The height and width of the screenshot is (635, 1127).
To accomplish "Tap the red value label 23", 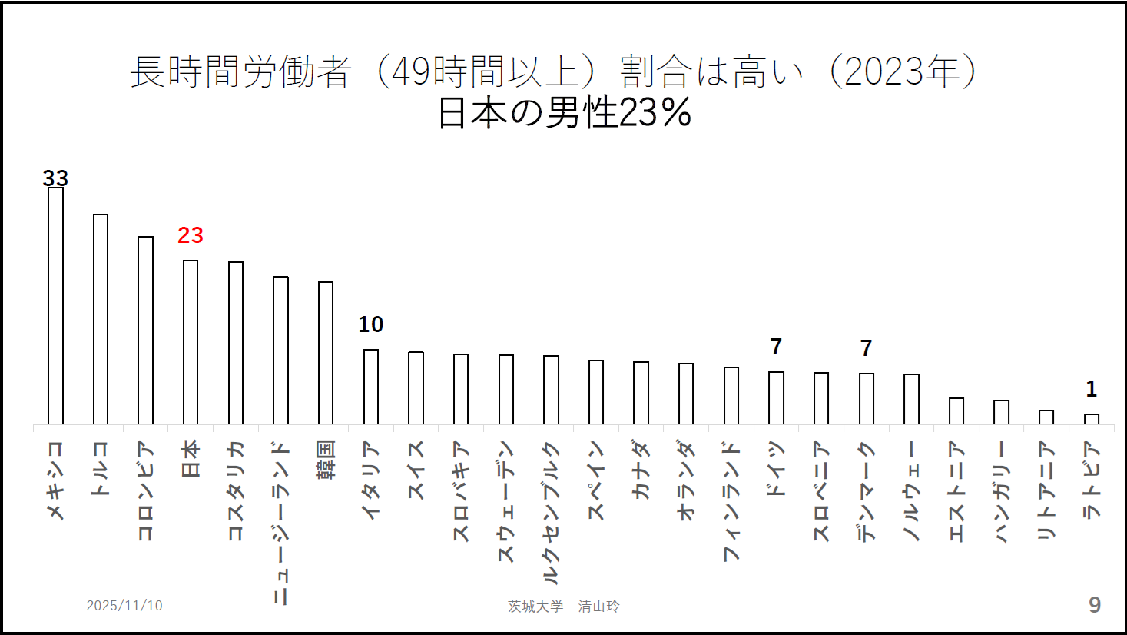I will [x=191, y=235].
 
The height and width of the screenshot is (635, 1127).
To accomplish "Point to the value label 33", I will [x=55, y=178].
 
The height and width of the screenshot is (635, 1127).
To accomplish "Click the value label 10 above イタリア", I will [x=371, y=324].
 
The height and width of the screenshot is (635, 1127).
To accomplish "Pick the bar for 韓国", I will [x=326, y=353].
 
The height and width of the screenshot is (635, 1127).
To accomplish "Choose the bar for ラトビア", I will [x=1092, y=419].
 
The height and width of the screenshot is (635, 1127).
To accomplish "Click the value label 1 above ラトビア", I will [x=1092, y=389].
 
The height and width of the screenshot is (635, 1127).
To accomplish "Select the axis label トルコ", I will [x=101, y=468].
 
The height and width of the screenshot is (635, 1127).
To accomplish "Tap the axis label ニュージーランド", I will [x=281, y=523].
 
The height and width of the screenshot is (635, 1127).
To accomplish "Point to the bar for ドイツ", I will [x=777, y=398].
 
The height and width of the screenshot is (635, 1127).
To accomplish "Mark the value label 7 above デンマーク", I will [x=867, y=348].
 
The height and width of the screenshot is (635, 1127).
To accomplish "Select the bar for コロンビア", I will [x=145, y=331].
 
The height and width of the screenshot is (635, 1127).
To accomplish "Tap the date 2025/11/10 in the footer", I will [x=124, y=606].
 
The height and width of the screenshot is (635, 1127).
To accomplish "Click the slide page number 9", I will [x=1095, y=605].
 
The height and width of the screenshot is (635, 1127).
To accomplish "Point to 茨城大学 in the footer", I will [x=535, y=607].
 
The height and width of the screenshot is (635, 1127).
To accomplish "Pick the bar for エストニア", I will [x=956, y=411].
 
